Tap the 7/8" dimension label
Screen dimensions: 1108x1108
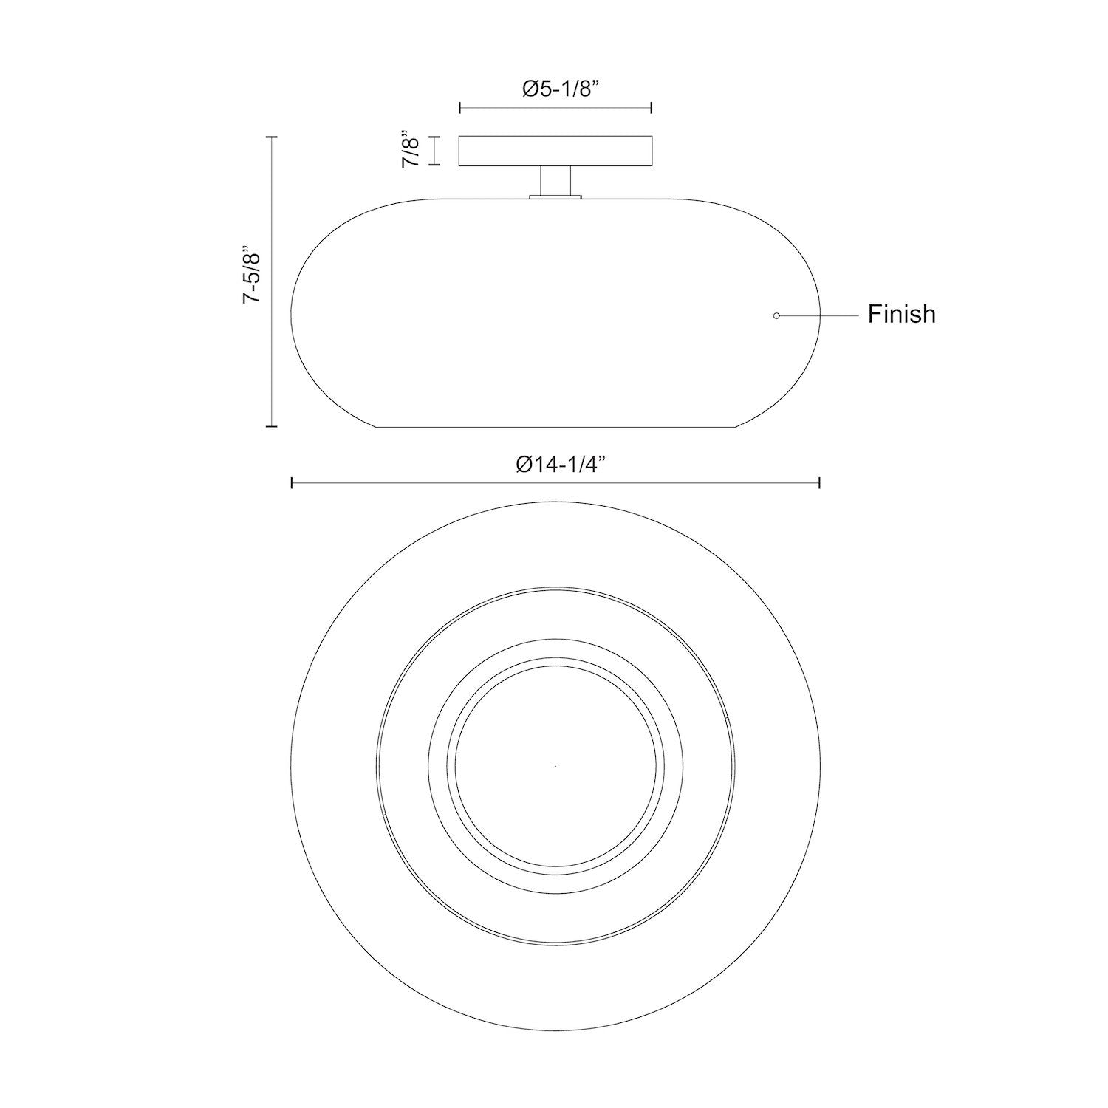[411, 151]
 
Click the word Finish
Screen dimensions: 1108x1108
[901, 314]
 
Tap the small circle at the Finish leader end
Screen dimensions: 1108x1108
[776, 316]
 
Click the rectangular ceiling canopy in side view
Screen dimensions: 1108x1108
[555, 151]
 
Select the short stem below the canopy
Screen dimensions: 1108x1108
[555, 180]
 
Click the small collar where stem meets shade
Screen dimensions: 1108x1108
[555, 196]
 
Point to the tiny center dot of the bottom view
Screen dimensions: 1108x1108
[555, 766]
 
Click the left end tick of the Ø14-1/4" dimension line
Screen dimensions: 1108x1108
[293, 483]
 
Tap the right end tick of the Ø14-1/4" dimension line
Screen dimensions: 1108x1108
[820, 483]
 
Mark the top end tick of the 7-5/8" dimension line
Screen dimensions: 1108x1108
[273, 137]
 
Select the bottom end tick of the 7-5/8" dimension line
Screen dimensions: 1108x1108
[273, 426]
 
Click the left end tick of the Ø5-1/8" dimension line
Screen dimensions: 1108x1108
[460, 108]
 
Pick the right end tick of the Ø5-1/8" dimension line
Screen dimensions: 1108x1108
[651, 108]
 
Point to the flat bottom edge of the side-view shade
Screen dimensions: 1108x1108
[555, 427]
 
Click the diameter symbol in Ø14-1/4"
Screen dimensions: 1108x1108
[524, 465]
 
